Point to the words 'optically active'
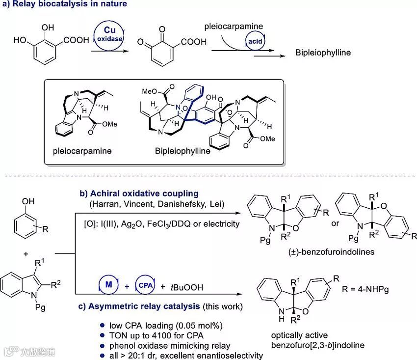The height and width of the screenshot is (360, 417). point(295,336)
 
